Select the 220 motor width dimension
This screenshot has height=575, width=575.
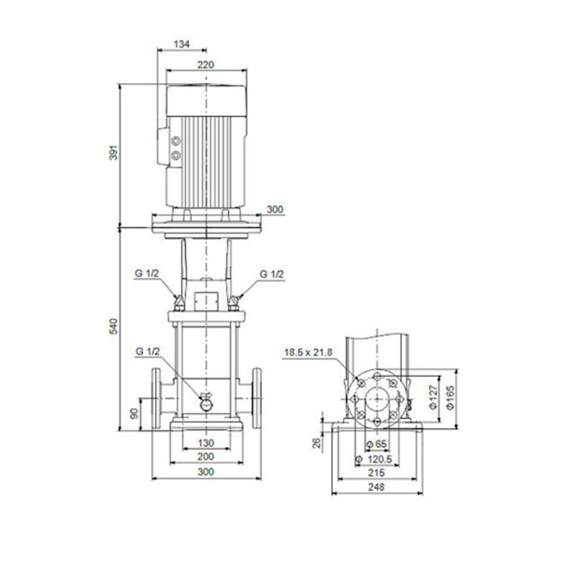206,64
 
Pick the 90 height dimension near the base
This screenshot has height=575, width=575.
134,413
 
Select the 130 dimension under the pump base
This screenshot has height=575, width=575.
206,443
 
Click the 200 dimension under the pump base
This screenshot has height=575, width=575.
206,457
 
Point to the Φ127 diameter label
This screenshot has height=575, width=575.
433,396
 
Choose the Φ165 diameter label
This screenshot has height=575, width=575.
451,396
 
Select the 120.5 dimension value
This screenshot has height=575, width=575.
379,459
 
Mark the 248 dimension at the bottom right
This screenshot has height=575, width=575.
376,487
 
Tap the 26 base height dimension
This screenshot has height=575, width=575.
316,442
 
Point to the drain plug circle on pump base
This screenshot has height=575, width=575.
206,404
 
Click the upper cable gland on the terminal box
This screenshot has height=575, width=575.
176,141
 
